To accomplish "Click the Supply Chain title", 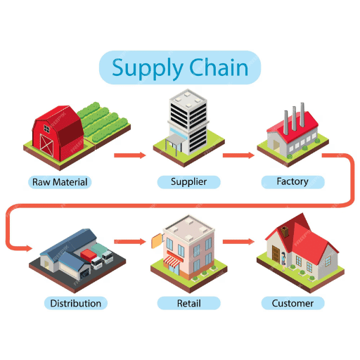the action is pos(180,67).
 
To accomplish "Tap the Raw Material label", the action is pos(60,182).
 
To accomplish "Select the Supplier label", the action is pos(188,182).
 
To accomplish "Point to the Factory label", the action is pos(292,181).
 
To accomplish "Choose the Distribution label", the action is pos(76,303).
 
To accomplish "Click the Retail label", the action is pos(188,303).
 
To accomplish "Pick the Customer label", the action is pos(292,303).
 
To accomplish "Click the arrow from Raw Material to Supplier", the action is pos(130,155).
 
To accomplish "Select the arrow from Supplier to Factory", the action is pos(238,155).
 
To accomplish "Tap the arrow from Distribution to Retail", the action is pos(130,242).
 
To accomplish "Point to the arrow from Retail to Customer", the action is pos(238,242).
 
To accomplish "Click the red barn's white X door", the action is pos(46,145).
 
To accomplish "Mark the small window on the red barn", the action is pos(46,129).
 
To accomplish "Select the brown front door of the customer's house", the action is pos(276,254).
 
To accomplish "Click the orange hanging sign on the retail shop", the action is pos(156,241).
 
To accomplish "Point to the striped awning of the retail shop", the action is pos(172,261).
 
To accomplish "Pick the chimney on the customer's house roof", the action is pos(285,231).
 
